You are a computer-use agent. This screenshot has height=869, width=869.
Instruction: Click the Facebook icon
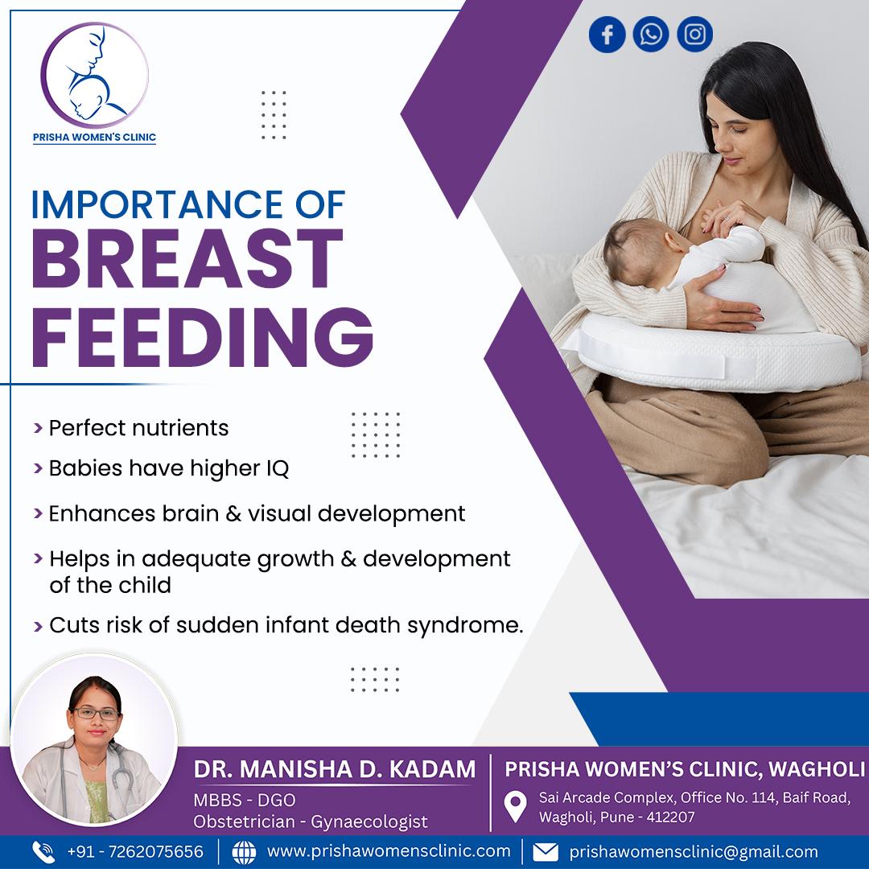click(x=607, y=35)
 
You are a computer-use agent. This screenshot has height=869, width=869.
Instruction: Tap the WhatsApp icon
click(x=651, y=35)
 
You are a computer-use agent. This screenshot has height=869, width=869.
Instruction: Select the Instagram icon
click(x=694, y=35)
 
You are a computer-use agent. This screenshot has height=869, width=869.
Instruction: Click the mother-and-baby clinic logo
click(x=95, y=76)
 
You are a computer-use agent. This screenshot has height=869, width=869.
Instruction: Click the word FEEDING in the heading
click(x=202, y=337)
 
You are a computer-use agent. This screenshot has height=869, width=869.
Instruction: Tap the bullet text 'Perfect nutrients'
click(x=138, y=428)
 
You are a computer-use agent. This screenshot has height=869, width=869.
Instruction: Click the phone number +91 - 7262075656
click(x=135, y=851)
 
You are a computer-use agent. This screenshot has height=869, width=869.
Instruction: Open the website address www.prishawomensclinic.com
click(x=389, y=850)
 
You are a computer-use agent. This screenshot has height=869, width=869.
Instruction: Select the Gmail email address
click(x=694, y=851)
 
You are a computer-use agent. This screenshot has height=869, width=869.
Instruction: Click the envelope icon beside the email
click(x=546, y=852)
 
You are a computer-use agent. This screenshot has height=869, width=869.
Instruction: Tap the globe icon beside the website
click(x=244, y=852)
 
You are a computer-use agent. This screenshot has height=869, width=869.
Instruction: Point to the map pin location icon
click(x=516, y=807)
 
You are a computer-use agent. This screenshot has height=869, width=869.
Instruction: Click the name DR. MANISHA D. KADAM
click(x=335, y=769)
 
